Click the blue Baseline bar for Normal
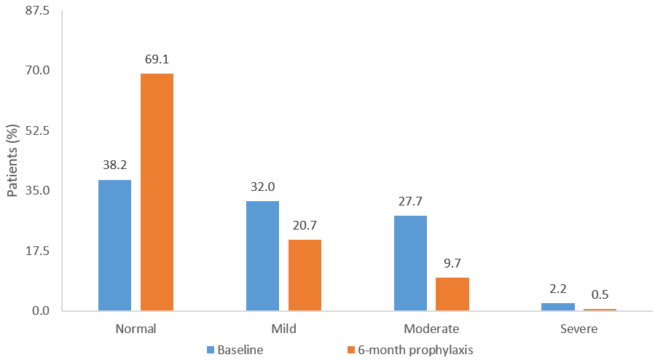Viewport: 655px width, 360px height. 114,246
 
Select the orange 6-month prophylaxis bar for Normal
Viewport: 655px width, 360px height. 157,192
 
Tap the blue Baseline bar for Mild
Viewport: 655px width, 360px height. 262,256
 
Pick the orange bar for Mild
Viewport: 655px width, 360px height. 305,275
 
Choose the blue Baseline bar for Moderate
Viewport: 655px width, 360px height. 410,263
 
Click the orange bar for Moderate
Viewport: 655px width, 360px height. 452,294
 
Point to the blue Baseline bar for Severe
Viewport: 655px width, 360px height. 558,307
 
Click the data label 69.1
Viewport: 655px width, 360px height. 157,59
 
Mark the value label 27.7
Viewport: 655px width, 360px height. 410,200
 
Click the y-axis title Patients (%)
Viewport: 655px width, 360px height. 12,161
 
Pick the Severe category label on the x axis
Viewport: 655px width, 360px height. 579,329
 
